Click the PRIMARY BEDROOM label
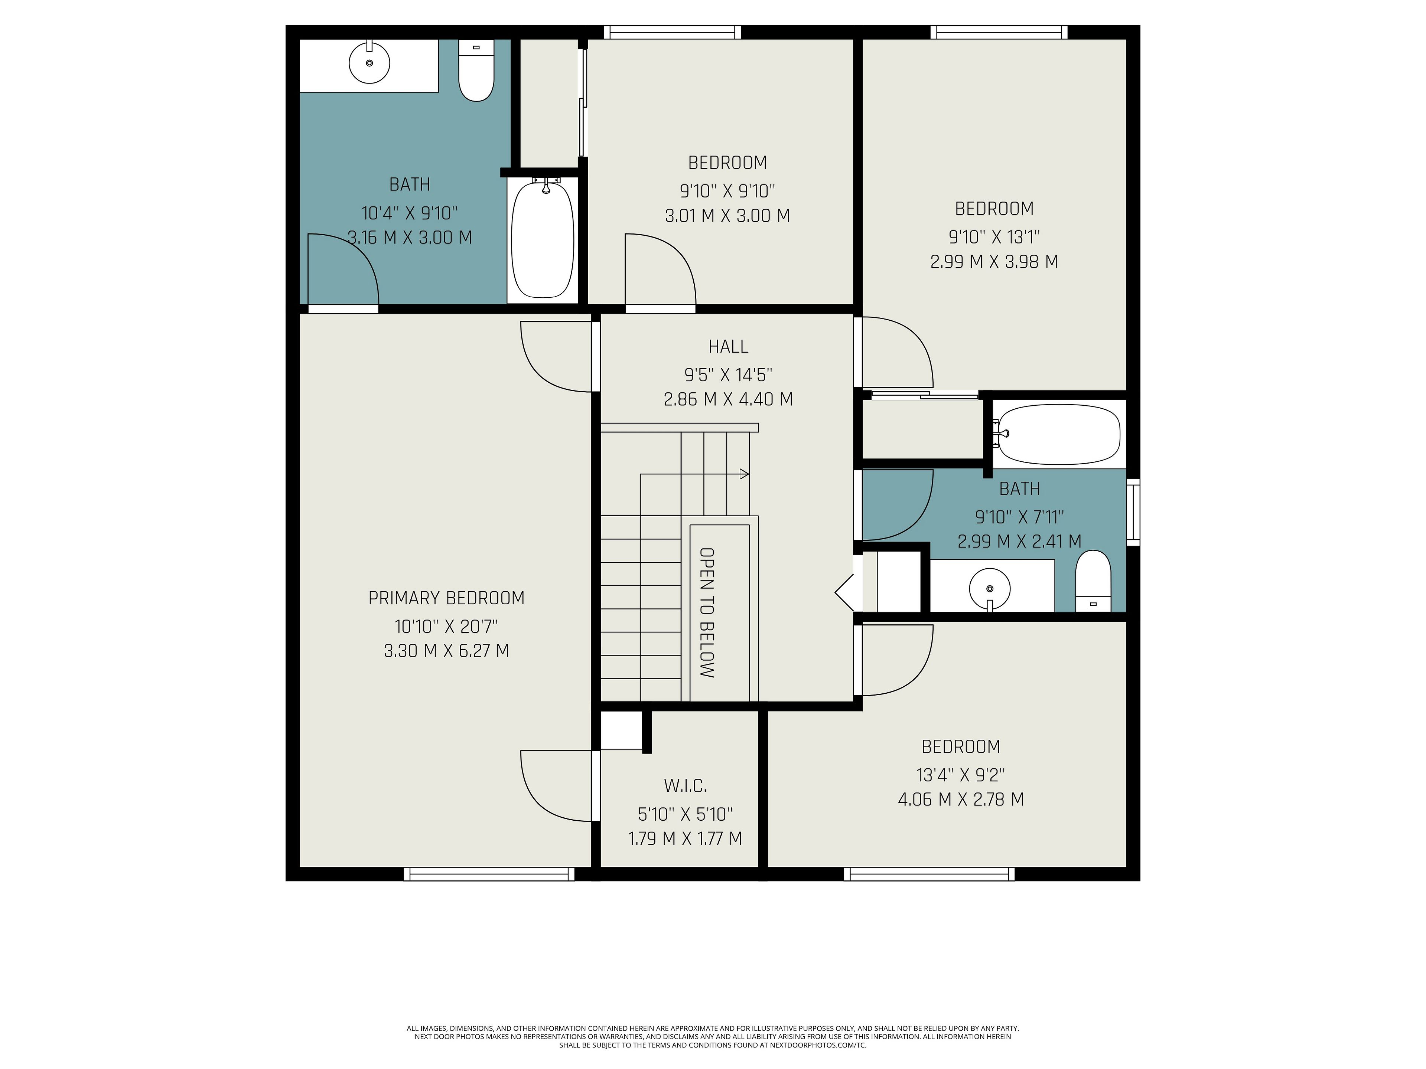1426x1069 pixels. point(446,598)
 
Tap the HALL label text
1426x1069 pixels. point(729,347)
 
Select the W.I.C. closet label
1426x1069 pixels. point(685,786)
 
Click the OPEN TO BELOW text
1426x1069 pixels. point(707,613)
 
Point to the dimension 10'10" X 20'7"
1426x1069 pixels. point(446,626)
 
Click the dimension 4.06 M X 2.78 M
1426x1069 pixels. point(961,800)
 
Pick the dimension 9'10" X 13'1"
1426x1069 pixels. point(994,237)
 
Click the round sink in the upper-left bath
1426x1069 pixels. point(369,62)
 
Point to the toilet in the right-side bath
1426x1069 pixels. point(1093,581)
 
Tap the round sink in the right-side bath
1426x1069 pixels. point(990,588)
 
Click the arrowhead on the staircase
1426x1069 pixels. point(744,474)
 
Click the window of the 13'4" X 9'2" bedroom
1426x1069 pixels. point(929,874)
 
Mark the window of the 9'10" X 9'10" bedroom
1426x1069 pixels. point(672,32)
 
